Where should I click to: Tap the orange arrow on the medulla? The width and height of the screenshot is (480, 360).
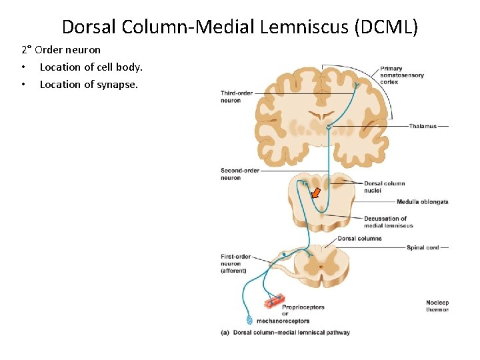tap(316, 193)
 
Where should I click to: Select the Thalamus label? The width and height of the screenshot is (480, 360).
tap(423, 126)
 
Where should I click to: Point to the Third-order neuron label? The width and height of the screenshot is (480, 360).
tap(237, 97)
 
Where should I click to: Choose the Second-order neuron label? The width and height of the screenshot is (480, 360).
tap(240, 174)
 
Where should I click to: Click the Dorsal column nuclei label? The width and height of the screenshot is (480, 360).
tap(385, 187)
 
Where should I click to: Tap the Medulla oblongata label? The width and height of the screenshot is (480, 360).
tap(422, 202)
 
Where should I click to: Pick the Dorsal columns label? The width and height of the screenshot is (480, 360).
tap(360, 238)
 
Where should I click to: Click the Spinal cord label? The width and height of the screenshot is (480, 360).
tap(423, 248)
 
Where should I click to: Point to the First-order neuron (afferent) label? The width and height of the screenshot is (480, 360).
tap(235, 263)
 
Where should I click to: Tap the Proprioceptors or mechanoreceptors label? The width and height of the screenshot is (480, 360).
tap(304, 314)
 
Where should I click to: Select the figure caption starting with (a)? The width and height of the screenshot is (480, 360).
tap(285, 333)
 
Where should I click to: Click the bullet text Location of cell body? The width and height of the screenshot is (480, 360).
tap(91, 67)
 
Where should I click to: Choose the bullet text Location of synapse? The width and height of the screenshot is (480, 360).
tap(89, 84)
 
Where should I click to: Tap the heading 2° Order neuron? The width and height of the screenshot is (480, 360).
tap(61, 50)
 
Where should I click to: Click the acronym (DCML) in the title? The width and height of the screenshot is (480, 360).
tap(387, 27)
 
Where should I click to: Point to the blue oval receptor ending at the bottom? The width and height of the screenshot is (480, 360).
tap(251, 321)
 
